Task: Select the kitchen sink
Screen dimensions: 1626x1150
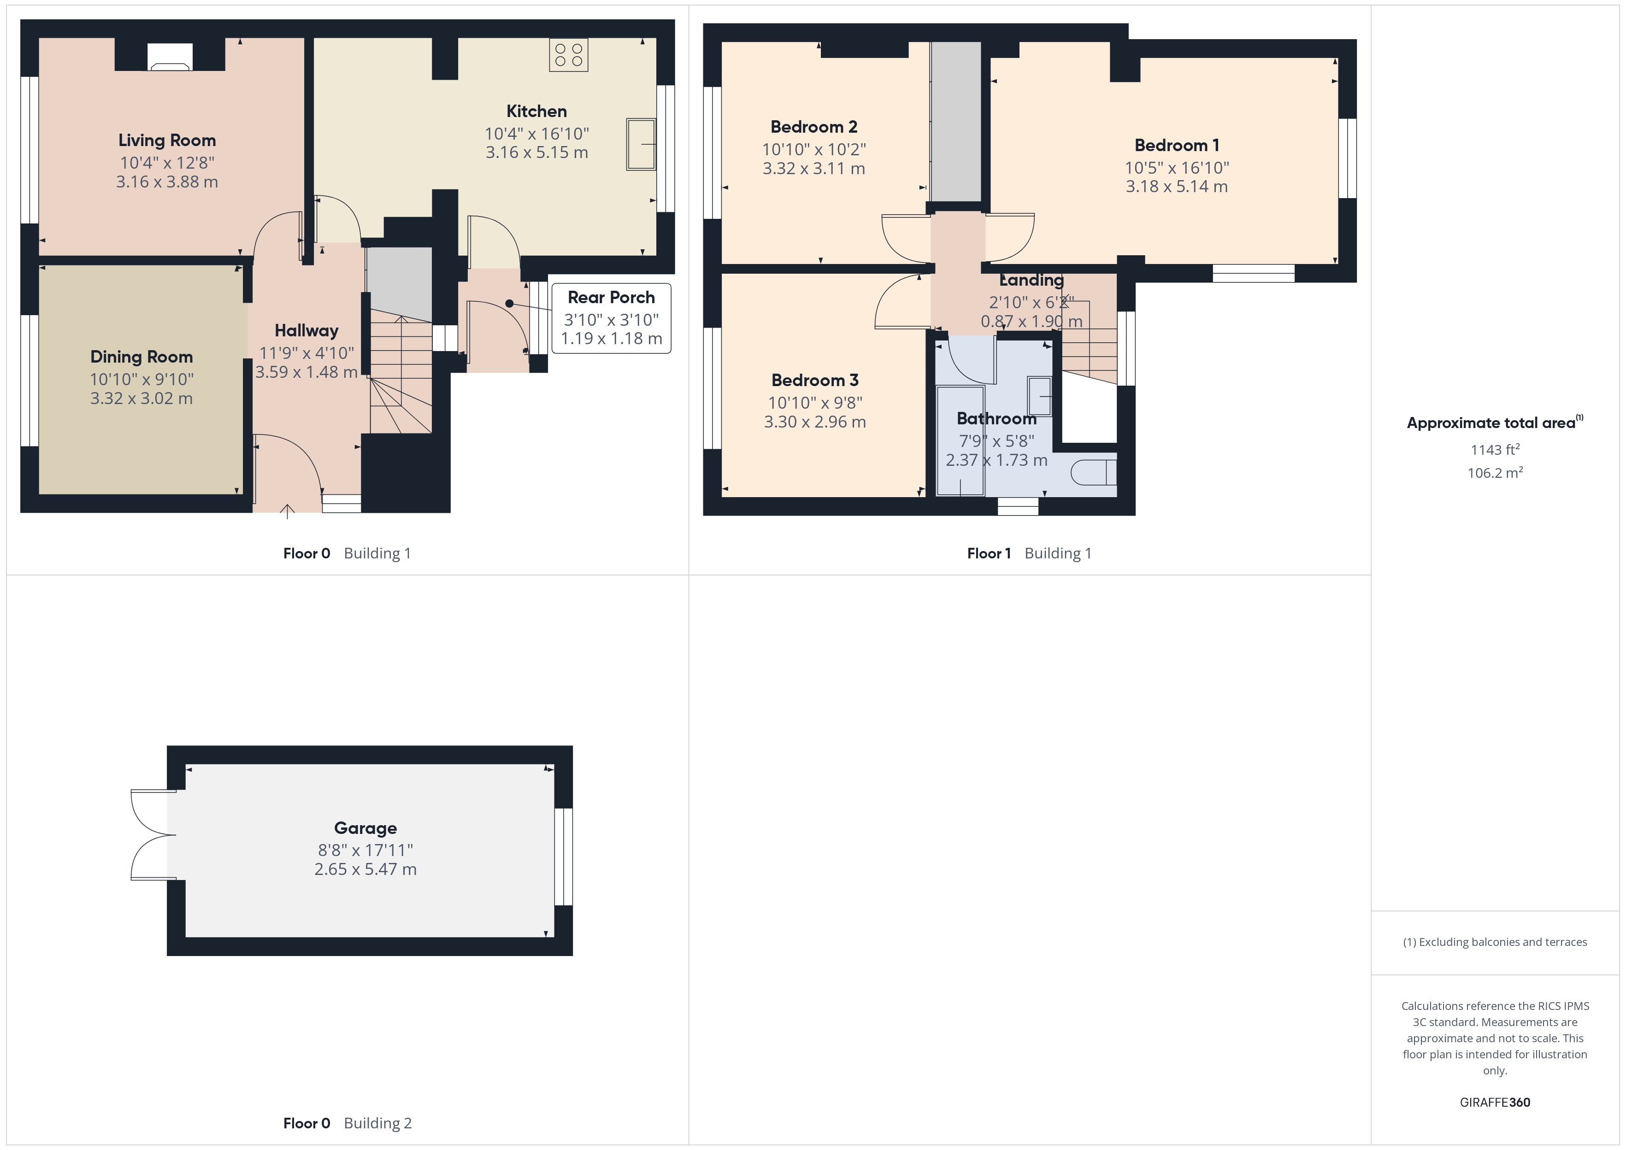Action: coord(641,145)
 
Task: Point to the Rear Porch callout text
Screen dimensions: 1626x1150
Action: coord(611,298)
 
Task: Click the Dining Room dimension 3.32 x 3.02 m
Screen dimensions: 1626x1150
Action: coord(141,399)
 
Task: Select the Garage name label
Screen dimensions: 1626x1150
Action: coord(365,828)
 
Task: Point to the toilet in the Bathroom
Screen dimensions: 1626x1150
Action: coord(1093,472)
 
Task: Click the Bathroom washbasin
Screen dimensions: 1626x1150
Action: coord(1040,396)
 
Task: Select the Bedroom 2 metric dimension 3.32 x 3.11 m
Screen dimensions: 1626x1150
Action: coord(814,169)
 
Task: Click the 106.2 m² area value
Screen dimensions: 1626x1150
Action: coord(1495,472)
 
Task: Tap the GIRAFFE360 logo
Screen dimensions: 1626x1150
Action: coord(1495,1102)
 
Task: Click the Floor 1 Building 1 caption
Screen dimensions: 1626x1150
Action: coord(1029,554)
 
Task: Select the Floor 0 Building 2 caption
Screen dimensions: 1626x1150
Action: coord(347,1123)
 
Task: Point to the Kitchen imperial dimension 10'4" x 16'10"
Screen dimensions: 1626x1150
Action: coord(537,134)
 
